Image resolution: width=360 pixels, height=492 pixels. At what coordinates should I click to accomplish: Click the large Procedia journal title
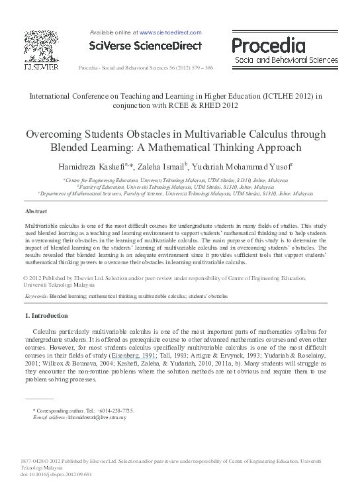268,44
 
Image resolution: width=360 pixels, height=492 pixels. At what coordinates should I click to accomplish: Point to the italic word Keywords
36,297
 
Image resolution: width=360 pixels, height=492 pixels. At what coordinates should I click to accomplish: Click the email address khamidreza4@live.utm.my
97,418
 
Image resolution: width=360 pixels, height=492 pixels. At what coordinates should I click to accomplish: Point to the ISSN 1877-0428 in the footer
34,460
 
